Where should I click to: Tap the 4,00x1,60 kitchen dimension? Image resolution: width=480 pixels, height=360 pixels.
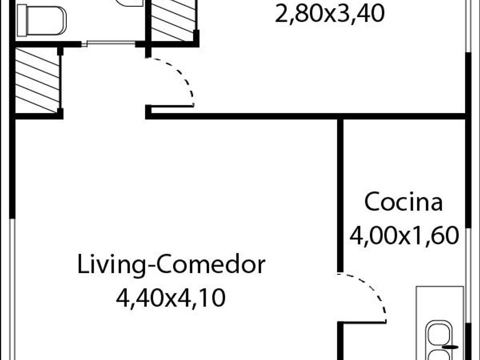(x=403, y=235)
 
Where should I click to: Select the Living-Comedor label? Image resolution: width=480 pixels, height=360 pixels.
(x=171, y=265)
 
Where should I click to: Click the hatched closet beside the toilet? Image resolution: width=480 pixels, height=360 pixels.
(x=174, y=20)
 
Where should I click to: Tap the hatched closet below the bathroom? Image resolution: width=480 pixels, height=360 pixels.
(x=36, y=80)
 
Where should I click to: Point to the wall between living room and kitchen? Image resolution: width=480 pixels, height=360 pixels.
(x=341, y=194)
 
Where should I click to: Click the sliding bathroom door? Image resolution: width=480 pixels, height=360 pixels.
(x=103, y=43)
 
